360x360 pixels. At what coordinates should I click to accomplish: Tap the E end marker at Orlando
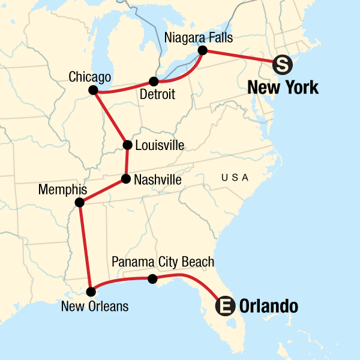click(225, 307)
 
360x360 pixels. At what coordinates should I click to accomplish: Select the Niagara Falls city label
click(198, 37)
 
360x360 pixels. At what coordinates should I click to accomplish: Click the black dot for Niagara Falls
click(203, 50)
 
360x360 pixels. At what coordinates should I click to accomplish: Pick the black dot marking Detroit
click(154, 82)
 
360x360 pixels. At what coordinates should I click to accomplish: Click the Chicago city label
click(90, 77)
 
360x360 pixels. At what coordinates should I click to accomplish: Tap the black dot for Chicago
click(93, 90)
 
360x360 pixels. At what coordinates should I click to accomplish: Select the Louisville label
click(160, 145)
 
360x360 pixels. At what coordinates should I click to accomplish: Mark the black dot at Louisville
click(127, 145)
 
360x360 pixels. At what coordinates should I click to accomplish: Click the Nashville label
click(158, 179)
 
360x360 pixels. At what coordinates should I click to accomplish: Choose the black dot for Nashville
click(125, 179)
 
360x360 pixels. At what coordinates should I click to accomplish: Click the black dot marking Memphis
click(80, 202)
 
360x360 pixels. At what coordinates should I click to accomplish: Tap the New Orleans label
click(95, 306)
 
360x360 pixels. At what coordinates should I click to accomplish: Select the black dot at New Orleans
click(91, 292)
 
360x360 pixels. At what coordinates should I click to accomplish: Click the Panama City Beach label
click(163, 263)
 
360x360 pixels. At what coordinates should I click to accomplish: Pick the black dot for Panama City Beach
click(152, 278)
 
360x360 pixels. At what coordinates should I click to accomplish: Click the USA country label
click(235, 178)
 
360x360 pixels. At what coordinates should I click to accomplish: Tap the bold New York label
click(283, 88)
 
